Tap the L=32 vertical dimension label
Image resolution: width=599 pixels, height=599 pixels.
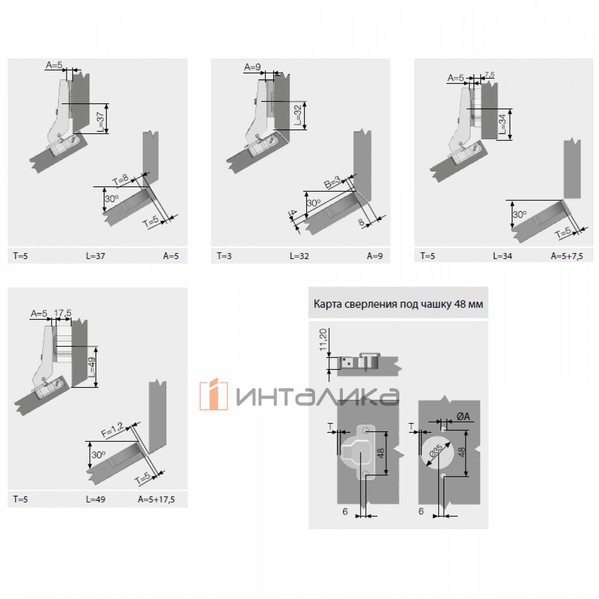tap(298, 115)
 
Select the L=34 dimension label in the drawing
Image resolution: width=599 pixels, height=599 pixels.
tap(502, 124)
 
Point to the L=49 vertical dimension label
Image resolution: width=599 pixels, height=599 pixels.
tap(91, 367)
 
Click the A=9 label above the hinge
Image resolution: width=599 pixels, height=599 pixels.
tap(252, 66)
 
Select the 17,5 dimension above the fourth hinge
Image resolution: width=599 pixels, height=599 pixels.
tap(63, 312)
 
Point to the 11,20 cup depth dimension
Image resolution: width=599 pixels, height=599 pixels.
tap(323, 340)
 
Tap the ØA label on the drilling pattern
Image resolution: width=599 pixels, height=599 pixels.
tap(463, 416)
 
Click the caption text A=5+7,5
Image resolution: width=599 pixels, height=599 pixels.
tap(567, 256)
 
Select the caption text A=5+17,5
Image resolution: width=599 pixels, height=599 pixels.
tap(156, 500)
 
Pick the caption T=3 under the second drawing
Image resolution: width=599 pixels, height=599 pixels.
tap(224, 256)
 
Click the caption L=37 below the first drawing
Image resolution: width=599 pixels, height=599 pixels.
tap(95, 256)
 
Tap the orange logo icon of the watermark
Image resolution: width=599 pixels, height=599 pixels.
tap(214, 394)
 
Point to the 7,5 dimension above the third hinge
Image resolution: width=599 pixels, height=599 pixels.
tap(489, 75)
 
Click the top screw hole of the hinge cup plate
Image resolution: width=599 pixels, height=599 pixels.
tap(366, 431)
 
